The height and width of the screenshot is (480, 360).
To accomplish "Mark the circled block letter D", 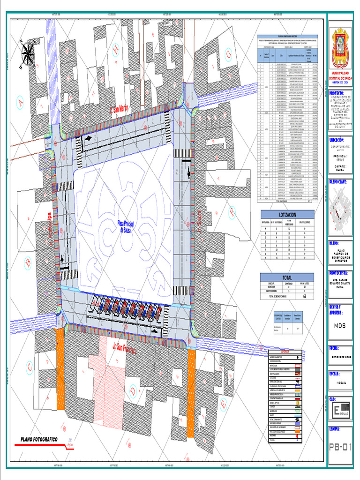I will tap(133, 390).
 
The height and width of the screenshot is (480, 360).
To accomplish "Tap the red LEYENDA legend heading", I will tap(285, 352).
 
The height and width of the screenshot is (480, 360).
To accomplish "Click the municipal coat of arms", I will tap(340, 48).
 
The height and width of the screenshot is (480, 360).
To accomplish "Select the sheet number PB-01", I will tap(340, 447).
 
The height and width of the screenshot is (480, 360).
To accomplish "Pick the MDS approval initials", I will tap(340, 325).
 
